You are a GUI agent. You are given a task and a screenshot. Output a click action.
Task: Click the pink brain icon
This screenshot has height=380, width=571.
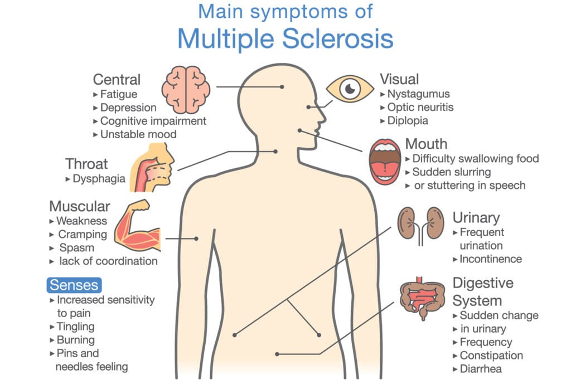point(186,90)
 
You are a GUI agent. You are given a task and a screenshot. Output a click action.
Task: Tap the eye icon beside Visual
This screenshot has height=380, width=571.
point(350,89)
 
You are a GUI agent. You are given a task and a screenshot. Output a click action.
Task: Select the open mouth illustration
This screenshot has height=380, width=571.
point(384,162)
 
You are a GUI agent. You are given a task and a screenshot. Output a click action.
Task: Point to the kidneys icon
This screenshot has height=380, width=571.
point(420,225)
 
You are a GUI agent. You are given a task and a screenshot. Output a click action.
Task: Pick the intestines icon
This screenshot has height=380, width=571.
point(423,298)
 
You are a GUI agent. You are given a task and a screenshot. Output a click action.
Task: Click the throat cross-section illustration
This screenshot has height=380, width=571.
point(152,167)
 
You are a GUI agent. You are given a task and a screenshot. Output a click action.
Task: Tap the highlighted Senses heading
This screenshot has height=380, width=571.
point(74,285)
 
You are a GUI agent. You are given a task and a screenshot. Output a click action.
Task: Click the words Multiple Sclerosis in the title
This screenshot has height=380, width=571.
point(285,38)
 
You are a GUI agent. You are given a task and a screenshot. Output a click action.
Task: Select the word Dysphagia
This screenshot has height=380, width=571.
point(99,179)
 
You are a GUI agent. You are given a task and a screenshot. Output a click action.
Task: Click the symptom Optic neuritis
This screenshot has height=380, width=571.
point(420,108)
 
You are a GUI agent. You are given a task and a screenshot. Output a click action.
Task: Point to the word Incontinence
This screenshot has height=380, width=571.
point(491,259)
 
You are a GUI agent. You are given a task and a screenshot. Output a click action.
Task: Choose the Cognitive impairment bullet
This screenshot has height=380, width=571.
point(153,121)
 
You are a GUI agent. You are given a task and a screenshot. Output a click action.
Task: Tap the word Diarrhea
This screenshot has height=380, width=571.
point(481,369)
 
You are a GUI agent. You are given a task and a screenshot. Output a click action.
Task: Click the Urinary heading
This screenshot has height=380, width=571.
point(476,218)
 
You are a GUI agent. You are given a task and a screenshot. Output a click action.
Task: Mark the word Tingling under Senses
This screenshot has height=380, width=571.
point(75,327)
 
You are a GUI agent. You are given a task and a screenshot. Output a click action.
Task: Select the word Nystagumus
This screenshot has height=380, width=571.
point(418,94)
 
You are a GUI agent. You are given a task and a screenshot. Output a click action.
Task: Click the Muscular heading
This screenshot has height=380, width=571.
point(80,206)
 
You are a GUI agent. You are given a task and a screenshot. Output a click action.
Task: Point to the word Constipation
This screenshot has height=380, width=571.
point(491,355)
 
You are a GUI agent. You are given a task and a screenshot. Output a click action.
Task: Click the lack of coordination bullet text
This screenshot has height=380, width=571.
point(108,261)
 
